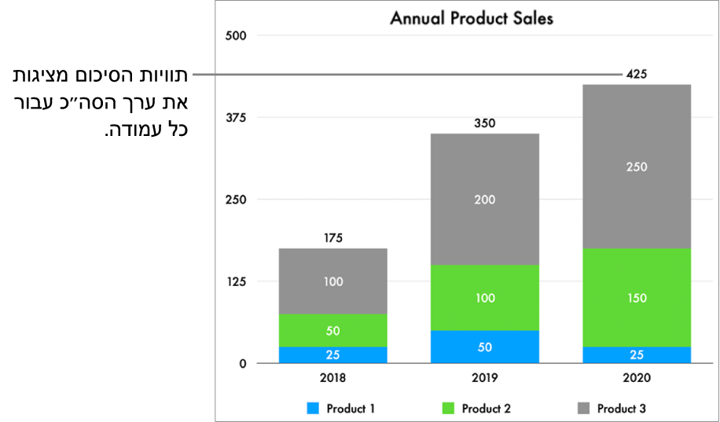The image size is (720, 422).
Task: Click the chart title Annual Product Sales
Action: pyautogui.click(x=472, y=17)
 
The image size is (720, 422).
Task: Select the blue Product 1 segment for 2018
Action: pyautogui.click(x=332, y=355)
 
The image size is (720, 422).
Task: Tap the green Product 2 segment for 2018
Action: pyautogui.click(x=332, y=331)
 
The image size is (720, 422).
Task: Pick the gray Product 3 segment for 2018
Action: pyautogui.click(x=332, y=281)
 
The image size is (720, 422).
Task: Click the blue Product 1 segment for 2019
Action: pyautogui.click(x=484, y=347)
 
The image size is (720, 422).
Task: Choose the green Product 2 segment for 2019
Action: pyautogui.click(x=484, y=298)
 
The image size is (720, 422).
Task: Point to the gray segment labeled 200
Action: pyautogui.click(x=484, y=200)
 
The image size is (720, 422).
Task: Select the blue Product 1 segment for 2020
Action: pyautogui.click(x=637, y=355)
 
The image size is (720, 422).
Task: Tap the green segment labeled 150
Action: pyautogui.click(x=637, y=298)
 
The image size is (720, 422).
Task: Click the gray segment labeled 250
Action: pyautogui.click(x=637, y=167)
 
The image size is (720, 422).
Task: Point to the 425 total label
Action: pyautogui.click(x=636, y=75)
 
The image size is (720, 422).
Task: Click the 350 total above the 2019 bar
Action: pyautogui.click(x=484, y=123)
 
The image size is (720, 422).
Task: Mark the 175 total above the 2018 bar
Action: pyautogui.click(x=332, y=238)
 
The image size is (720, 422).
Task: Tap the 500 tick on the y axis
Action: pyautogui.click(x=236, y=35)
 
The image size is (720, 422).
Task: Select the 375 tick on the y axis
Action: pyautogui.click(x=236, y=118)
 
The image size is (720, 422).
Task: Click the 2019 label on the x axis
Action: pyautogui.click(x=484, y=377)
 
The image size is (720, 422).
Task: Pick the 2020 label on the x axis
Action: pyautogui.click(x=636, y=377)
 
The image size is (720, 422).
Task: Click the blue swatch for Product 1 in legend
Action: pyautogui.click(x=313, y=409)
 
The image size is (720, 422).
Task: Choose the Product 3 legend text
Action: pyautogui.click(x=621, y=409)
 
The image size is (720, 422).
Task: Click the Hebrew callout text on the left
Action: pyautogui.click(x=102, y=102)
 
